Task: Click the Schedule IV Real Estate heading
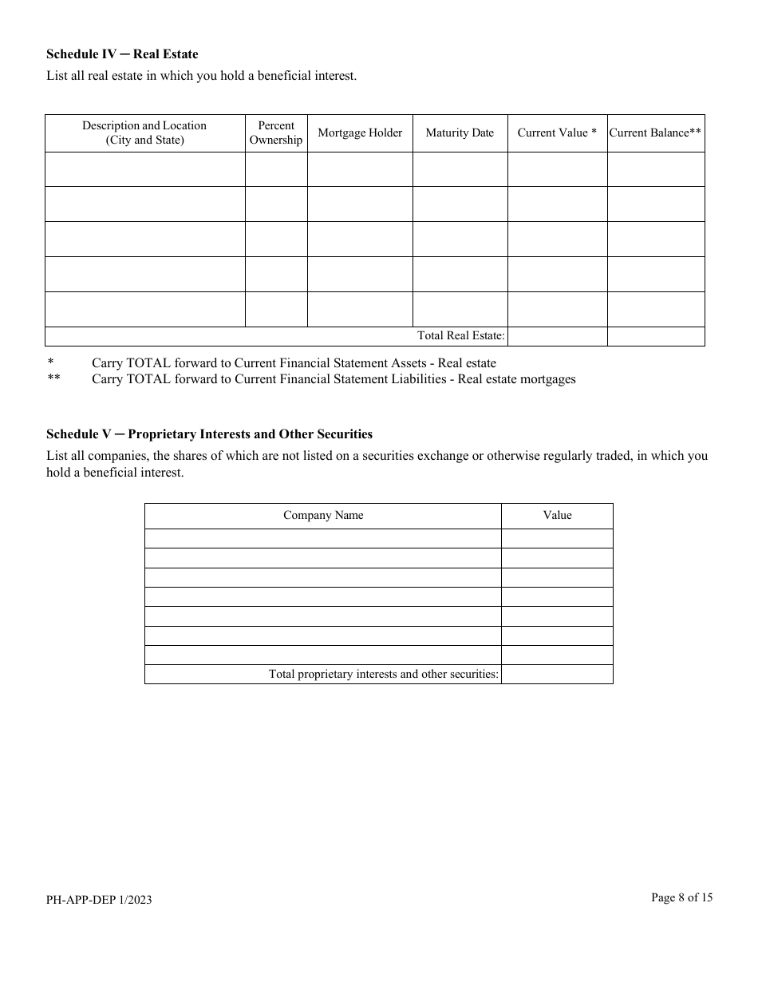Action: coord(122,54)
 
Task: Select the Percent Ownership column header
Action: coord(276,133)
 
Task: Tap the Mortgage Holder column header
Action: coord(360,133)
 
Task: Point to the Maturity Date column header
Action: coord(460,133)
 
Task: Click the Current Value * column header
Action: coord(557,133)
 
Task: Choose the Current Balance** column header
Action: coord(655,133)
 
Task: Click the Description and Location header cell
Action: coord(144,133)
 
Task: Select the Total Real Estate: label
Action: coord(460,336)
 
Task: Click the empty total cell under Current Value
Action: coord(557,336)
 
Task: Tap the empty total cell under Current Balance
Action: coord(655,336)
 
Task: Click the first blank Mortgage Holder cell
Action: coord(360,169)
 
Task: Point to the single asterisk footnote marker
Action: coord(50,363)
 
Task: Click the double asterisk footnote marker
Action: coord(53,379)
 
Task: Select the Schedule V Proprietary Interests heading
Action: coord(209,434)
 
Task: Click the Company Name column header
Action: coord(323,516)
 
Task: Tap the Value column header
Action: coord(557,516)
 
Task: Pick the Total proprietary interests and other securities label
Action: coord(383,675)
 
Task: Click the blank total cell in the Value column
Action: coord(557,675)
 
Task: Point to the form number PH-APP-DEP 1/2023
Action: coord(99,900)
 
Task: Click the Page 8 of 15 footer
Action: coord(681,897)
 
